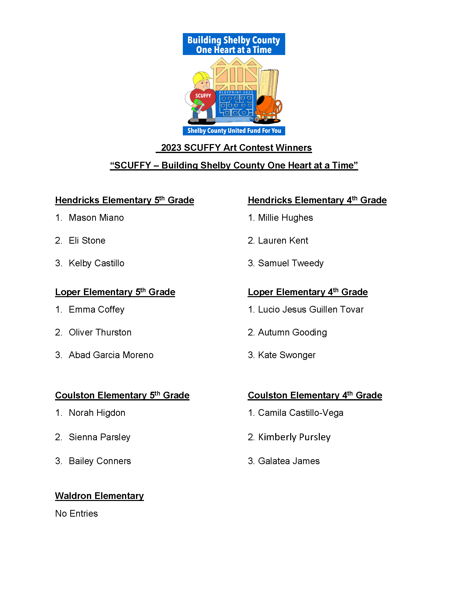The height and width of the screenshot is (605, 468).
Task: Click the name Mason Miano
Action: (96, 218)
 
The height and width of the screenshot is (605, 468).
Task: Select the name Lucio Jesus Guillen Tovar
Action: (311, 309)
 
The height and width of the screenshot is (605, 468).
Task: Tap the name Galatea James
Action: (289, 461)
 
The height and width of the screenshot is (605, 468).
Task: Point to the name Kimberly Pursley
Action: (294, 437)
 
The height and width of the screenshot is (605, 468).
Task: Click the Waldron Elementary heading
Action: (99, 495)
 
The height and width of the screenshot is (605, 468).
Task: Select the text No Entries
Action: (76, 513)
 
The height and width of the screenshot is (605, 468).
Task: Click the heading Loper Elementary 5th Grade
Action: (115, 292)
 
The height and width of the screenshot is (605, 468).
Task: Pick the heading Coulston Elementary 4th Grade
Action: (315, 395)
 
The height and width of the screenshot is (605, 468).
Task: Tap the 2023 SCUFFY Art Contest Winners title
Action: (236, 148)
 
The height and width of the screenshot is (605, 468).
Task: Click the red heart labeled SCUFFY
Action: (203, 98)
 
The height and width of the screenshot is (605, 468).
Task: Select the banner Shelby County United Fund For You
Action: (234, 131)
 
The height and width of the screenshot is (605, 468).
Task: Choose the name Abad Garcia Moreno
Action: (111, 355)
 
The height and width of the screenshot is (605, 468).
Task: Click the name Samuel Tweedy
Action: (291, 263)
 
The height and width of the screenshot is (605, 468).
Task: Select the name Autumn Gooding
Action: (292, 332)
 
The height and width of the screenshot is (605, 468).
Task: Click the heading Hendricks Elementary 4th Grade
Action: (317, 200)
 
